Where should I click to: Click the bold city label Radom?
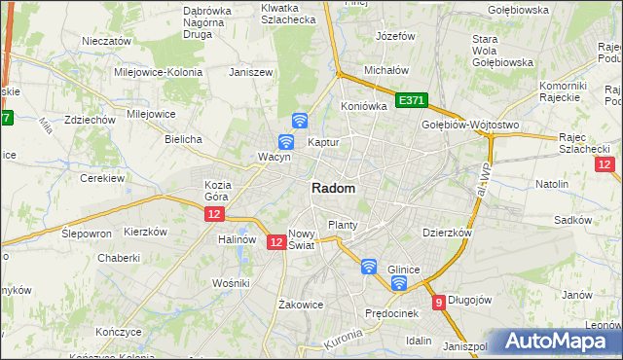tap(333, 189)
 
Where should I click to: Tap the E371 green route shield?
tap(412, 100)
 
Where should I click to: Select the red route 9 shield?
tap(439, 303)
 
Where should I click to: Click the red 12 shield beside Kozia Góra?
tap(215, 213)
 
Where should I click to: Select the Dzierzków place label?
tap(447, 234)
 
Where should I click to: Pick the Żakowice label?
tap(300, 304)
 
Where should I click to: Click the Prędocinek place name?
tap(391, 313)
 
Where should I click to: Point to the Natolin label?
tap(552, 183)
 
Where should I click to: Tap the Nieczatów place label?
tap(107, 42)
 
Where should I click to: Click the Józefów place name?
tap(395, 36)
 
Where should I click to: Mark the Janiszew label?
tap(248, 72)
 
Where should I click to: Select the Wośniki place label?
tap(232, 282)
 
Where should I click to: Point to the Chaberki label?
tap(119, 258)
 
